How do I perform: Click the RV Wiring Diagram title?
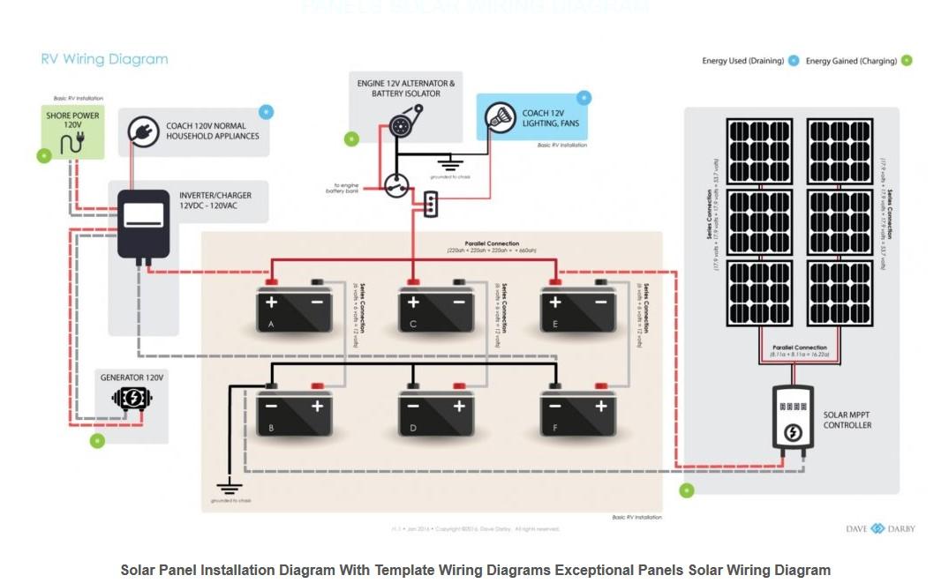tap(104, 60)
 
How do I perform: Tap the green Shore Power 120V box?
tap(73, 131)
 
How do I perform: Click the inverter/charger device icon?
tap(143, 224)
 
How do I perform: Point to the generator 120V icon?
tap(132, 398)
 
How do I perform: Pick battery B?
tap(294, 411)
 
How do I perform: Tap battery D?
tap(436, 411)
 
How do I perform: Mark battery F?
tap(578, 411)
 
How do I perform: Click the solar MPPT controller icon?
tap(793, 418)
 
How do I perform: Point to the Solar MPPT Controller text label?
tap(847, 420)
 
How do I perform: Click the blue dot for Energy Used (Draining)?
tap(794, 61)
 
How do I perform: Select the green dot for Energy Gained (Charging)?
tap(907, 61)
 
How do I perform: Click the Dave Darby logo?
tap(880, 528)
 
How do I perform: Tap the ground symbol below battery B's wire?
tap(230, 485)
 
